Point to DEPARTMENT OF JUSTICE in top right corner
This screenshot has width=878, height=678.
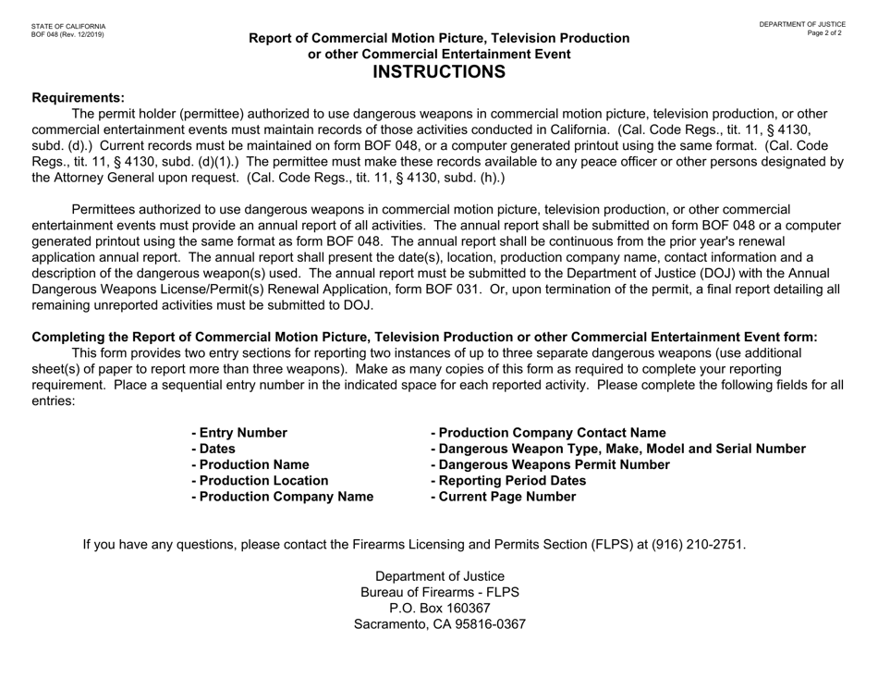802,24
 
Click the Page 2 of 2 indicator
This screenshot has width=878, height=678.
823,33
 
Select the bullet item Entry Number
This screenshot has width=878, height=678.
238,432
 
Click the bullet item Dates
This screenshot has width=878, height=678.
212,449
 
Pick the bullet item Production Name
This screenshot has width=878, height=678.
250,464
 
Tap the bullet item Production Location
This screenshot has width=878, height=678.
259,480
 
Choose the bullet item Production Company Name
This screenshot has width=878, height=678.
282,497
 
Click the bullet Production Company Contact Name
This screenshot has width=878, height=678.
548,432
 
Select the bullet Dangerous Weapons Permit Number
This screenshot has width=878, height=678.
551,464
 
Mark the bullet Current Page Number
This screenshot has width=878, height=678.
504,497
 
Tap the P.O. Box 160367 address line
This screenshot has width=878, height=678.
439,608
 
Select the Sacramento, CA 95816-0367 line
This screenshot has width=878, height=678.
439,624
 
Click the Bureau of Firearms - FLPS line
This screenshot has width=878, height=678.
439,592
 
